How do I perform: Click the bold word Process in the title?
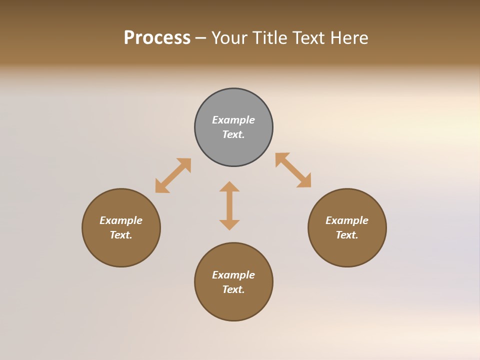tap(157, 38)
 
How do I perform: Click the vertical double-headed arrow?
tap(229, 205)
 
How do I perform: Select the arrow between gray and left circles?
tap(173, 175)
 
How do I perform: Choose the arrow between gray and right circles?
tap(293, 170)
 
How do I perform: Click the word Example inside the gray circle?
tap(233, 120)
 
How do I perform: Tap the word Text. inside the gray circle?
tap(233, 134)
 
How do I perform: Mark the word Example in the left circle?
tap(121, 220)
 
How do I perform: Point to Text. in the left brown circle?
tap(121, 235)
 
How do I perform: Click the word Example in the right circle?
tap(347, 220)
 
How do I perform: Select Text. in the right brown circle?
tap(347, 235)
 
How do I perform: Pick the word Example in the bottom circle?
tap(233, 275)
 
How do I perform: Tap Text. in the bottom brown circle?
tap(233, 289)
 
